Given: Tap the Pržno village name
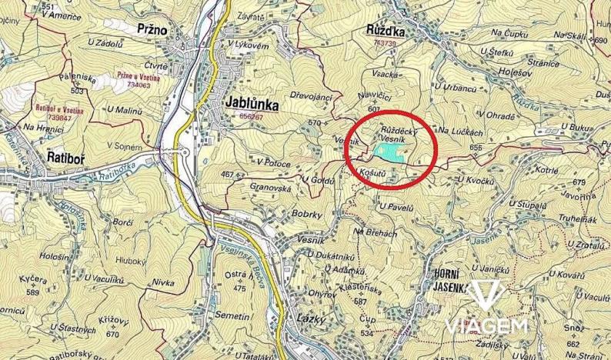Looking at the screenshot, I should tap(152, 28).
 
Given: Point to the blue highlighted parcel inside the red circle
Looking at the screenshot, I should tap(389, 154).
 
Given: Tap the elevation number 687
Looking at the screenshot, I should tap(359, 301).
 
